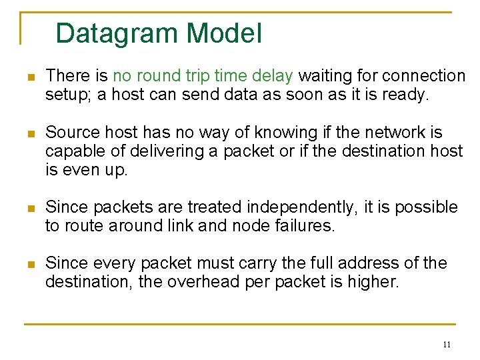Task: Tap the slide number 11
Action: [446, 345]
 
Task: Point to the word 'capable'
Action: [72, 151]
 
